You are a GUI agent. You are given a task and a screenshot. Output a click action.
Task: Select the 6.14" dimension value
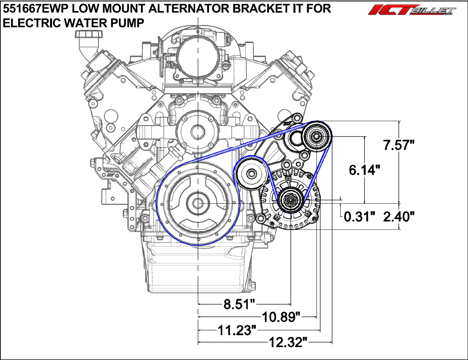tap(364, 170)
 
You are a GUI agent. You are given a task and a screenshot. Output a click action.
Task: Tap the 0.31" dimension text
tap(360, 216)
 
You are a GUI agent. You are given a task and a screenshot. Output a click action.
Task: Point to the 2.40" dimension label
tap(399, 216)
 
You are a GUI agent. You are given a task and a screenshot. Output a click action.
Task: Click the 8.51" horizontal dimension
tap(239, 304)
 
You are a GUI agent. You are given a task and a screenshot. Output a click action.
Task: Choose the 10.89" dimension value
tap(281, 317)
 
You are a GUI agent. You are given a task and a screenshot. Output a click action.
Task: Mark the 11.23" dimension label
tap(237, 330)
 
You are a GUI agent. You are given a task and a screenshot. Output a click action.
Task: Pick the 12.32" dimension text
tap(288, 342)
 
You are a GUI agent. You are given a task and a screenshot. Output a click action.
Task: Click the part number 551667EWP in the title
tap(36, 9)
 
